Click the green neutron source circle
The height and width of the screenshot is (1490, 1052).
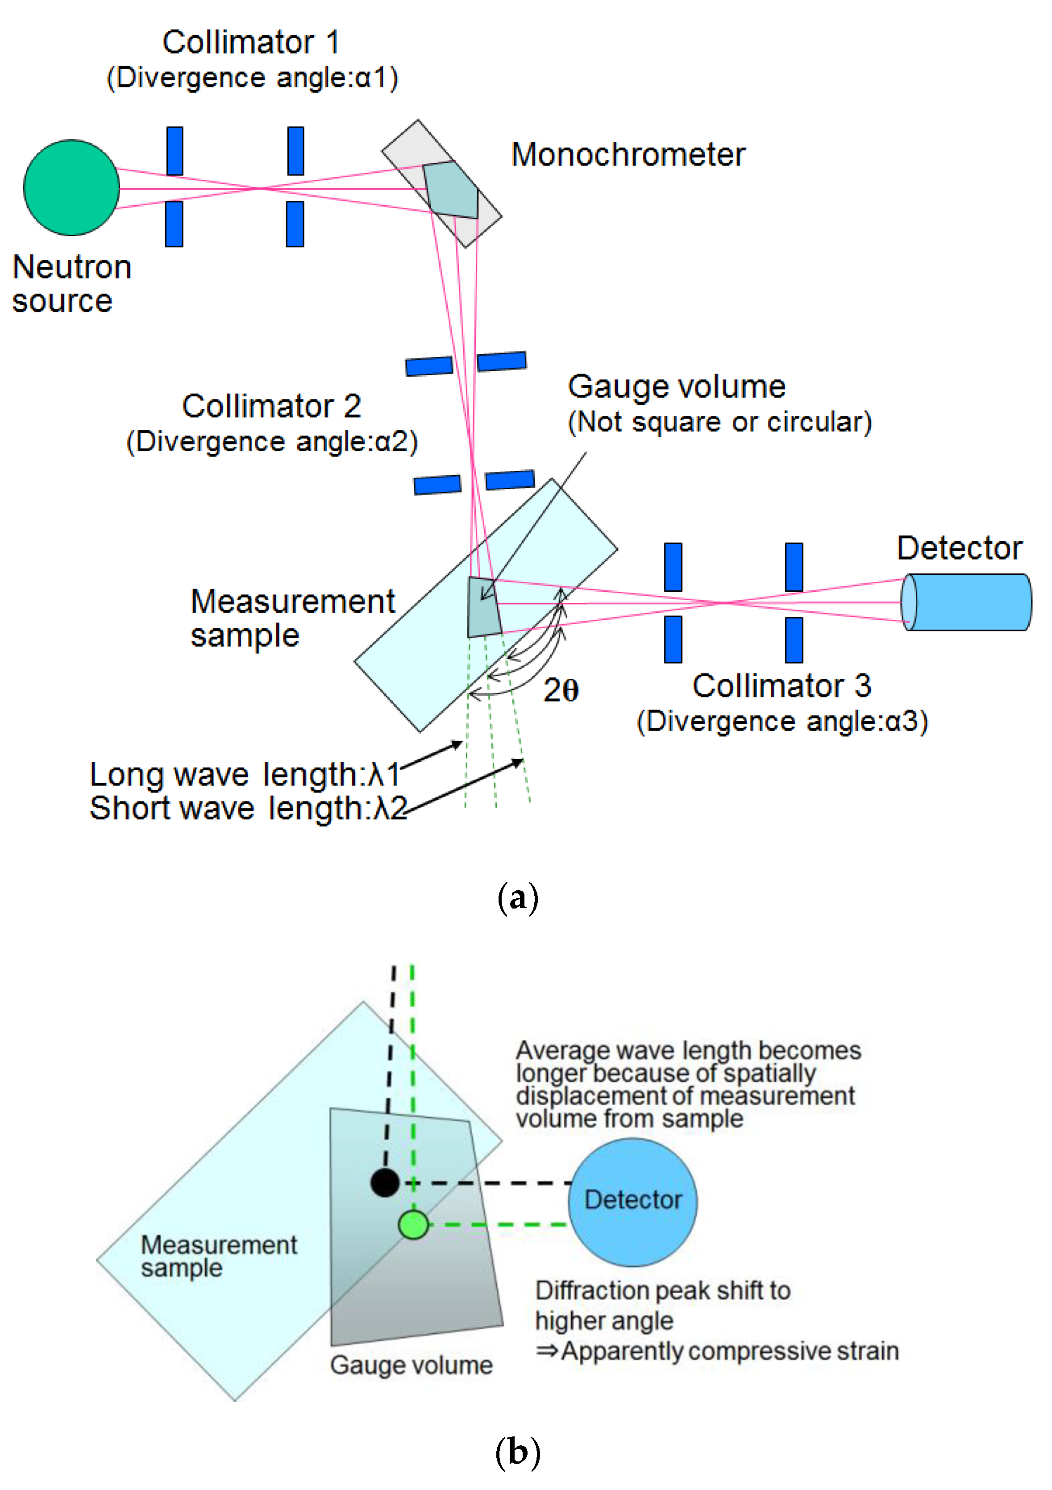71,187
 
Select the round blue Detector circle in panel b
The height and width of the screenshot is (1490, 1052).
633,1201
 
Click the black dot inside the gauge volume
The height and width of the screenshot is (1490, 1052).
384,1183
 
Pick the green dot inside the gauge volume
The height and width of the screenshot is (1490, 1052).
413,1224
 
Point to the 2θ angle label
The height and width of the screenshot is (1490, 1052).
561,690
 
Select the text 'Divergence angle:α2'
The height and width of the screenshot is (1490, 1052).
272,442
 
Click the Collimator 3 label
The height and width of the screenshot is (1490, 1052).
782,686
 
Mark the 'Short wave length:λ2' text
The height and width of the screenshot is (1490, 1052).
248,809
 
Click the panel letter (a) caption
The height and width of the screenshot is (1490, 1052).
517,898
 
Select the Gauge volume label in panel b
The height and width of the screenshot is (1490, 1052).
411,1365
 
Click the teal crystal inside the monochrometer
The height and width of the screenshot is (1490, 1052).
451,190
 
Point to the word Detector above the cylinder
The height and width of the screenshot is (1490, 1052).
959,548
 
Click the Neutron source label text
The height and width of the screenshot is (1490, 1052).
71,284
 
